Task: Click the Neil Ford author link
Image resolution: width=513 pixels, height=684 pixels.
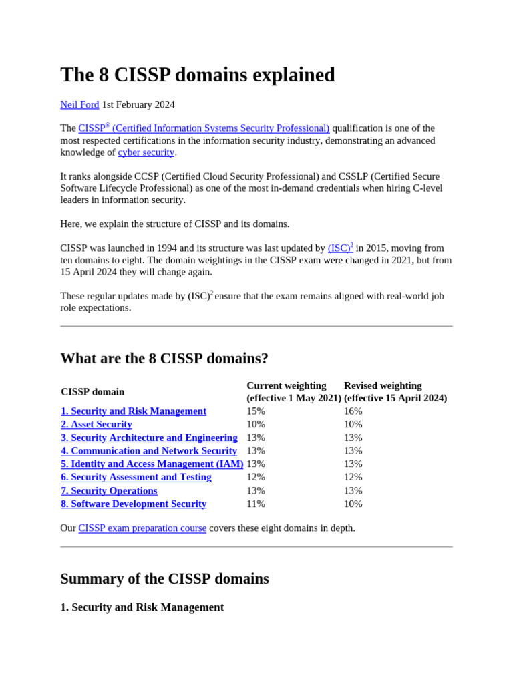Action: [x=79, y=104]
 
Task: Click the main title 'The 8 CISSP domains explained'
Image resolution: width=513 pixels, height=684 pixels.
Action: [x=198, y=75]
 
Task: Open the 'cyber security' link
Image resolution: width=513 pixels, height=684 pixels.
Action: [x=146, y=152]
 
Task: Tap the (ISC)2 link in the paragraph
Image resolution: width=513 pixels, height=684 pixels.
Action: [x=340, y=248]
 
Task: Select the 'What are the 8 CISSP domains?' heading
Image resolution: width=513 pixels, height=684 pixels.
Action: [x=164, y=358]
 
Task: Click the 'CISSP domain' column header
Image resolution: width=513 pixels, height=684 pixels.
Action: [x=92, y=391]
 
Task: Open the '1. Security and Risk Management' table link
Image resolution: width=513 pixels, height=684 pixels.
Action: [x=134, y=411]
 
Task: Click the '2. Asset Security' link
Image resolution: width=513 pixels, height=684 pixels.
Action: [x=96, y=424]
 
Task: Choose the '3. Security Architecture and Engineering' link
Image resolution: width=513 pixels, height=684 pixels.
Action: [x=149, y=438]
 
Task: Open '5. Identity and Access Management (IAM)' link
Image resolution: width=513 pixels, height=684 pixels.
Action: [x=152, y=464]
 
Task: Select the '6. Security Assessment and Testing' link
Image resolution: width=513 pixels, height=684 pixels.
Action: [x=136, y=477]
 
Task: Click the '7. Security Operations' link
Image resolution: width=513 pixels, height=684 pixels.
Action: [x=109, y=490]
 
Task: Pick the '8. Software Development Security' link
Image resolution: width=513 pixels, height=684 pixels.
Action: [x=134, y=504]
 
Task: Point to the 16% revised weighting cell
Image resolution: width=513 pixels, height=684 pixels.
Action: [x=353, y=411]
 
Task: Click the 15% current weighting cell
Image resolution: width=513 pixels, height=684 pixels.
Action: [x=256, y=411]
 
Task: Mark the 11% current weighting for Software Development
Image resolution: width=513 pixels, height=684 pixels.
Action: [x=256, y=504]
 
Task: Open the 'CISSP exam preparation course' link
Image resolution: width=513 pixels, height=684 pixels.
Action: [x=142, y=528]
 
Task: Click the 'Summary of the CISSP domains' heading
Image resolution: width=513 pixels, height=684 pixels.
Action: [x=164, y=578]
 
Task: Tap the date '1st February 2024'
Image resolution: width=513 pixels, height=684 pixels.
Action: [x=138, y=104]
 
